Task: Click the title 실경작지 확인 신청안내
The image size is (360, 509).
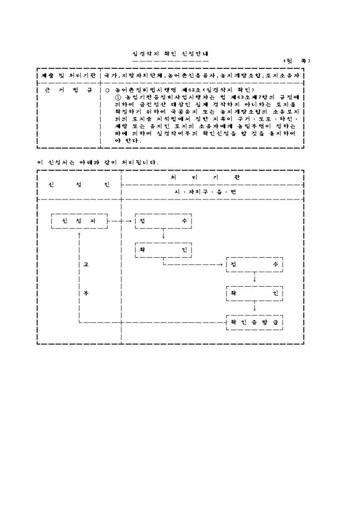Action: click(170, 54)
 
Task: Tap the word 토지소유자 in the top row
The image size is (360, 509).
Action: click(286, 76)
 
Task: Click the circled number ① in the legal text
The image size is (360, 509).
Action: click(118, 97)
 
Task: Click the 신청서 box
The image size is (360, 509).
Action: click(79, 221)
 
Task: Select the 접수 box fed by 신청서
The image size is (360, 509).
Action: click(164, 221)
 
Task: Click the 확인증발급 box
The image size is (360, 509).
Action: click(255, 322)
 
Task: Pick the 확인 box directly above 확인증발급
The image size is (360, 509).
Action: click(255, 293)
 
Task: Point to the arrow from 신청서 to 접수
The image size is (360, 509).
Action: click(121, 221)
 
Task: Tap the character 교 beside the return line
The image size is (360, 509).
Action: click(86, 264)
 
